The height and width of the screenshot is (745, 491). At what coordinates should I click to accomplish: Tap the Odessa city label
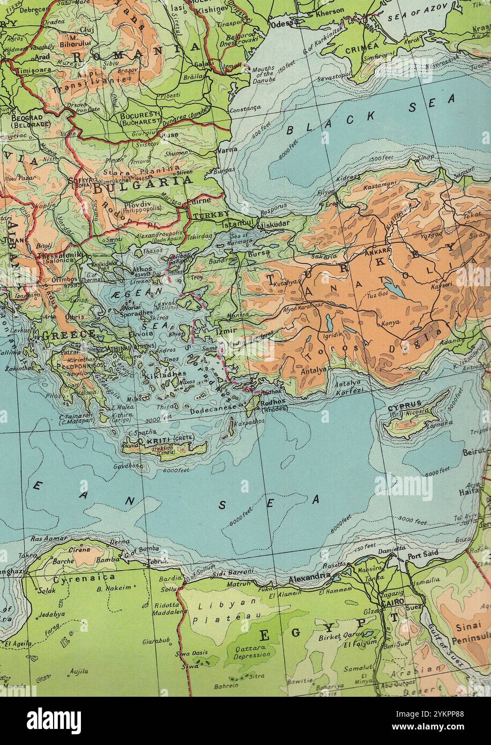[285, 23]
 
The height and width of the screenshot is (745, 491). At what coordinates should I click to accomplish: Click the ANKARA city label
[377, 250]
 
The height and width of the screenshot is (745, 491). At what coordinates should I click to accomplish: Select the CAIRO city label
[392, 603]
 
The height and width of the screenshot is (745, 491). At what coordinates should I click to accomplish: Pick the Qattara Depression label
[252, 651]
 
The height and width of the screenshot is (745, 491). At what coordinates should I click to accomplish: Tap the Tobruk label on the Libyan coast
[158, 562]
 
